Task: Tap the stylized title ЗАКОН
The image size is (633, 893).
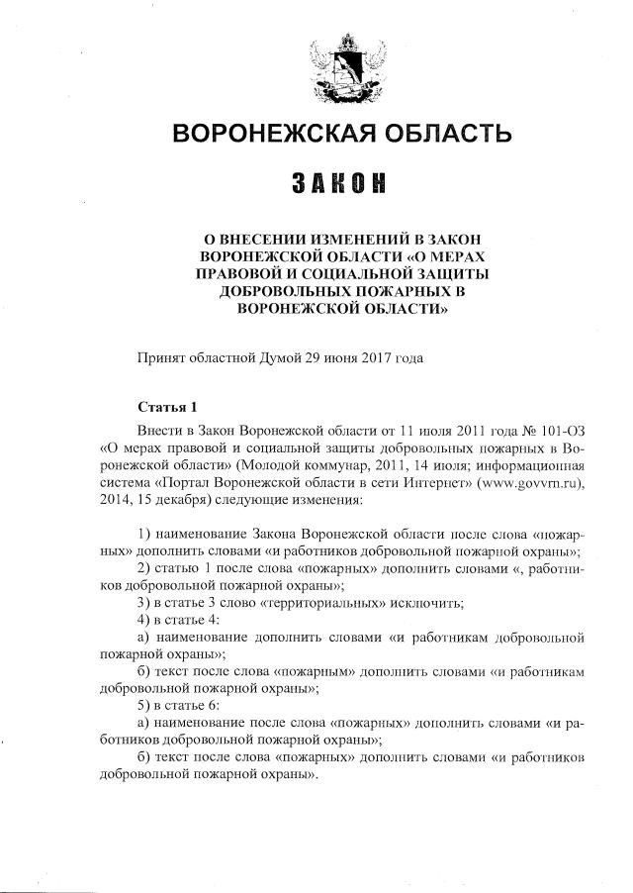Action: pos(338,184)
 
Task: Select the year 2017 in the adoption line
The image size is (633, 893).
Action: pos(375,357)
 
